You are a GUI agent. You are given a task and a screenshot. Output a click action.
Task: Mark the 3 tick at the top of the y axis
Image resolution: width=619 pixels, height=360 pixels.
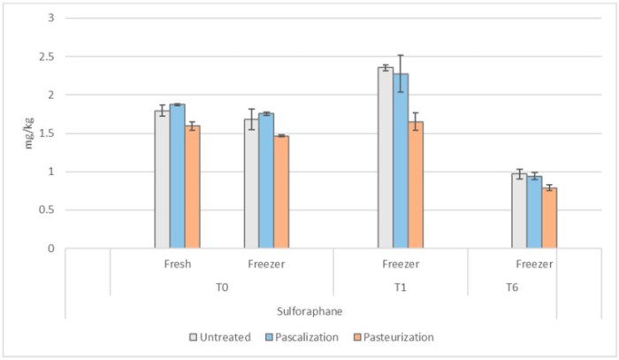pos(50,18)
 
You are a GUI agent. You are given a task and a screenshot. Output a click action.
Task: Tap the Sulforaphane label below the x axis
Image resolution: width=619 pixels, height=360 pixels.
pos(309,311)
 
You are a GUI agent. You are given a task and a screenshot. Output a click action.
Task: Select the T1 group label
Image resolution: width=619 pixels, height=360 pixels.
pos(401,287)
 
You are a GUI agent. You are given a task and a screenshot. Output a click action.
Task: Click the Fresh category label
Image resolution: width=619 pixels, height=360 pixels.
pos(178,264)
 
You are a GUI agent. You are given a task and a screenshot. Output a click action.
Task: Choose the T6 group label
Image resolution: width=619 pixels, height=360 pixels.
pos(513,287)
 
